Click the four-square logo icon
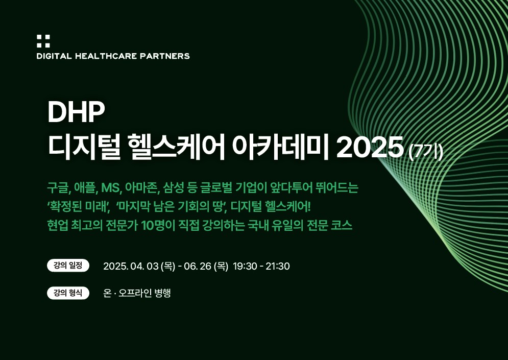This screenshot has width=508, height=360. point(43,41)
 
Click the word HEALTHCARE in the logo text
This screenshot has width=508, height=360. point(106,56)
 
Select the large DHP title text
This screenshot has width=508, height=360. point(76,112)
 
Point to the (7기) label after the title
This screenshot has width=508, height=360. point(426,152)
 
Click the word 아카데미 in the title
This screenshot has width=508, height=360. point(281,148)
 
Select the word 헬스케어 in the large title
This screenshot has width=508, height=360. point(176,148)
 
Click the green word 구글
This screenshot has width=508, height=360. point(58,187)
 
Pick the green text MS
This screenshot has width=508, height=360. point(111,188)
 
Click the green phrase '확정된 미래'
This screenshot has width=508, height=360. point(78,206)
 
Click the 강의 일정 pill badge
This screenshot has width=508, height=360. point(68,266)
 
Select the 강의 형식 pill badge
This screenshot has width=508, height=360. point(68,293)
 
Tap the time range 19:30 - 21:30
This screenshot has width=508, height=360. point(261,267)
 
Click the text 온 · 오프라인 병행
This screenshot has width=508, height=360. point(137,293)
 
